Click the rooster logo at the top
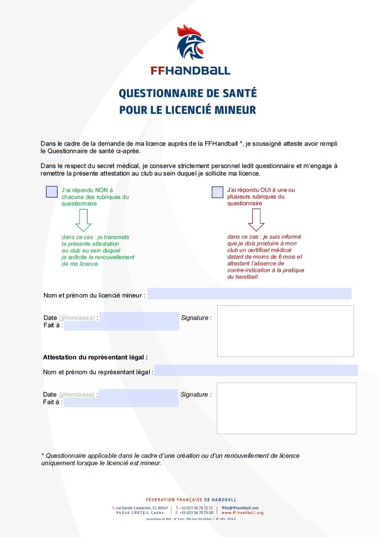pos(191,43)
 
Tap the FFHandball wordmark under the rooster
pos(190,71)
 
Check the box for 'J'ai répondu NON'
pos(52,192)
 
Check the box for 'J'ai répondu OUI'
pos(217,192)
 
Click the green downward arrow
pos(83,219)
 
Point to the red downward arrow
pos(256,219)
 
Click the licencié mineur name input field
pos(249,294)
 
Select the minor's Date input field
pos(139,317)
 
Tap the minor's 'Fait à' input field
pos(121,326)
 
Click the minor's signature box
pos(285,331)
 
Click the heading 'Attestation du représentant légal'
pos(95,357)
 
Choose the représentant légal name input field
pos(256,371)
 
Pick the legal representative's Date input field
pos(138,394)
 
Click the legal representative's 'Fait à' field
pos(121,403)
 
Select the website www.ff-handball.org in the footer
pos(243,513)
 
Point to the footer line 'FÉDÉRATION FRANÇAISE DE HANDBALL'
pos(191,500)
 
